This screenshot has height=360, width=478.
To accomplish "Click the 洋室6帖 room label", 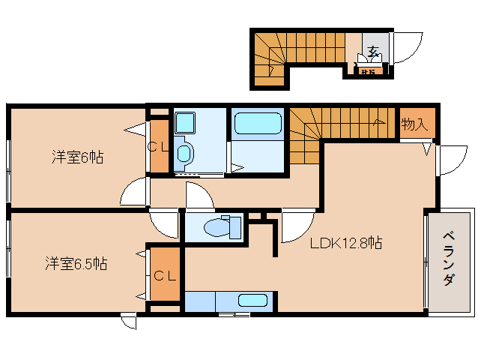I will click(77, 157).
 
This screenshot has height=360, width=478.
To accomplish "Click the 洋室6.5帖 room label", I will click(76, 264).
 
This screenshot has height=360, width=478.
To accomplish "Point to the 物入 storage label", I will click(414, 124).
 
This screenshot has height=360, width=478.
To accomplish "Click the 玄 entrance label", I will click(372, 52).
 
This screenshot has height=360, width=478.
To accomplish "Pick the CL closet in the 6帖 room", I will click(157, 147).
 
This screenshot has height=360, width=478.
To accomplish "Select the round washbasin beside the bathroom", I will click(184, 154).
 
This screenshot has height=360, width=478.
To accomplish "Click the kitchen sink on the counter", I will click(253, 301).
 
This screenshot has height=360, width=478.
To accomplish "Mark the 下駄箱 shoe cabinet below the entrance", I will click(368, 72).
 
